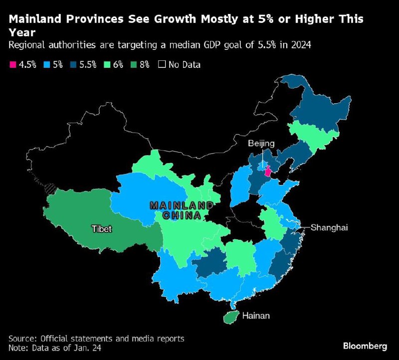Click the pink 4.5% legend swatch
click(x=12, y=65)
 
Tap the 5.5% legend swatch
click(x=74, y=65)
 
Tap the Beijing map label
click(x=262, y=144)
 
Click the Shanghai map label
click(x=328, y=227)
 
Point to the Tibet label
click(x=101, y=229)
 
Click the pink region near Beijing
click(x=268, y=172)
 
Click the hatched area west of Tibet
click(x=50, y=188)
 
